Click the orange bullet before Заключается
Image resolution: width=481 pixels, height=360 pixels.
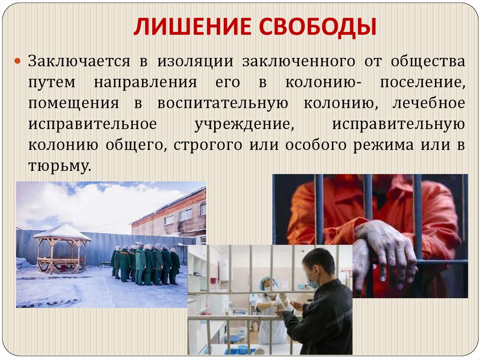[x=18, y=61]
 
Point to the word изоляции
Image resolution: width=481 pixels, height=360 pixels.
[x=194, y=61]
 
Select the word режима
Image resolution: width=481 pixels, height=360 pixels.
[x=384, y=145]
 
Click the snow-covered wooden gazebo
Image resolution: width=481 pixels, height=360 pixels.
[x=62, y=249]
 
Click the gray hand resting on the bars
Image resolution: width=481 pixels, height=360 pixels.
[x=385, y=249]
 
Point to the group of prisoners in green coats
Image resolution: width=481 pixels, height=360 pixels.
[x=146, y=264]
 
